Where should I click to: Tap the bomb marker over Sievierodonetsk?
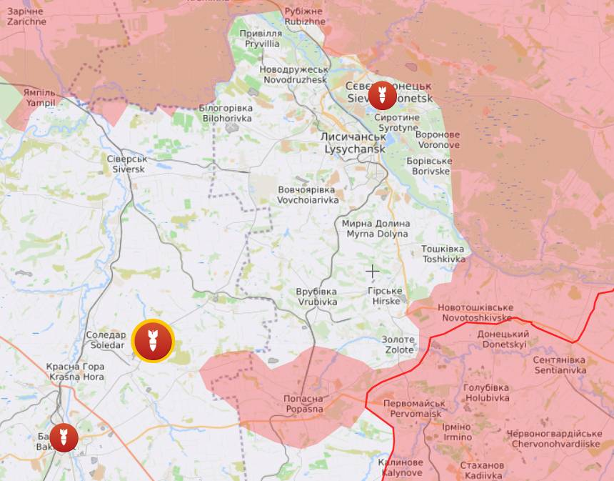(x=382, y=96)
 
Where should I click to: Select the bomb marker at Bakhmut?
(x=64, y=437)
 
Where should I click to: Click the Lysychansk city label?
(x=354, y=142)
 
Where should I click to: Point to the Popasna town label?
(x=303, y=404)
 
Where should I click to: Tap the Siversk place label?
(x=129, y=164)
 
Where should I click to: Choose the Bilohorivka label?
(x=226, y=112)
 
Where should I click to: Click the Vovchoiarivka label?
(x=308, y=194)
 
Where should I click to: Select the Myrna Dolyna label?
(x=377, y=229)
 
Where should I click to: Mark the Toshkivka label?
(x=443, y=254)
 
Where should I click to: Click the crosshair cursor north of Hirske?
(x=372, y=271)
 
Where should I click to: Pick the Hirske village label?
(x=386, y=296)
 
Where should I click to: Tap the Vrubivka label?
(x=316, y=297)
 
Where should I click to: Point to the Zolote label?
(x=398, y=344)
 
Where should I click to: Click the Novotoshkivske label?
(x=476, y=312)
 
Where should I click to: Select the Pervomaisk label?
(x=414, y=408)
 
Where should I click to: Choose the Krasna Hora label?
(x=75, y=371)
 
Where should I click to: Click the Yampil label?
(x=39, y=98)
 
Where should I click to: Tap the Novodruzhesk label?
(x=293, y=74)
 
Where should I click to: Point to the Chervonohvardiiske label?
(x=554, y=439)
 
